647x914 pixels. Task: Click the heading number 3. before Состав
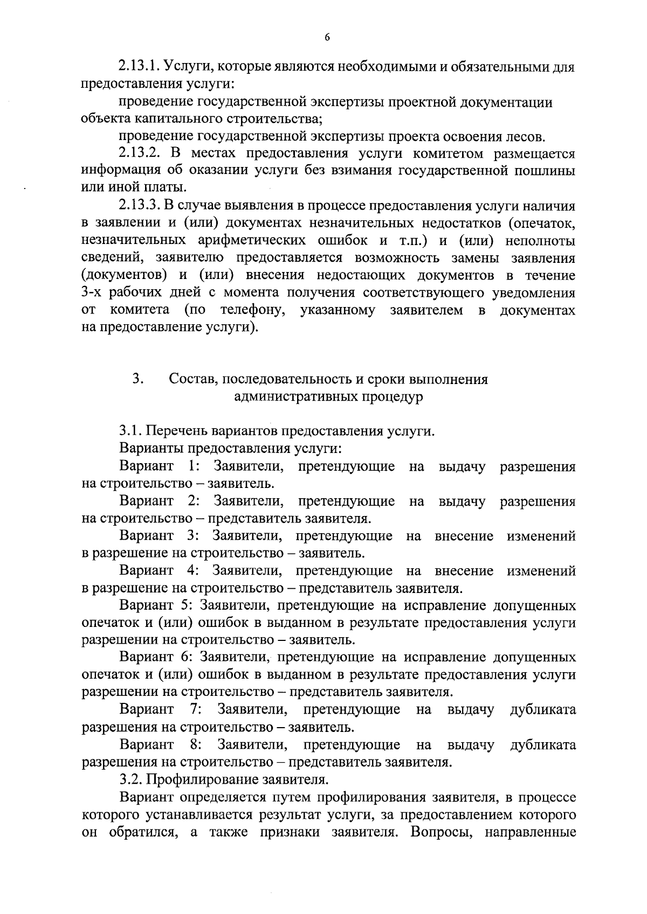tap(137, 379)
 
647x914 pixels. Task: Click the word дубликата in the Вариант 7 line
tap(542, 710)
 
